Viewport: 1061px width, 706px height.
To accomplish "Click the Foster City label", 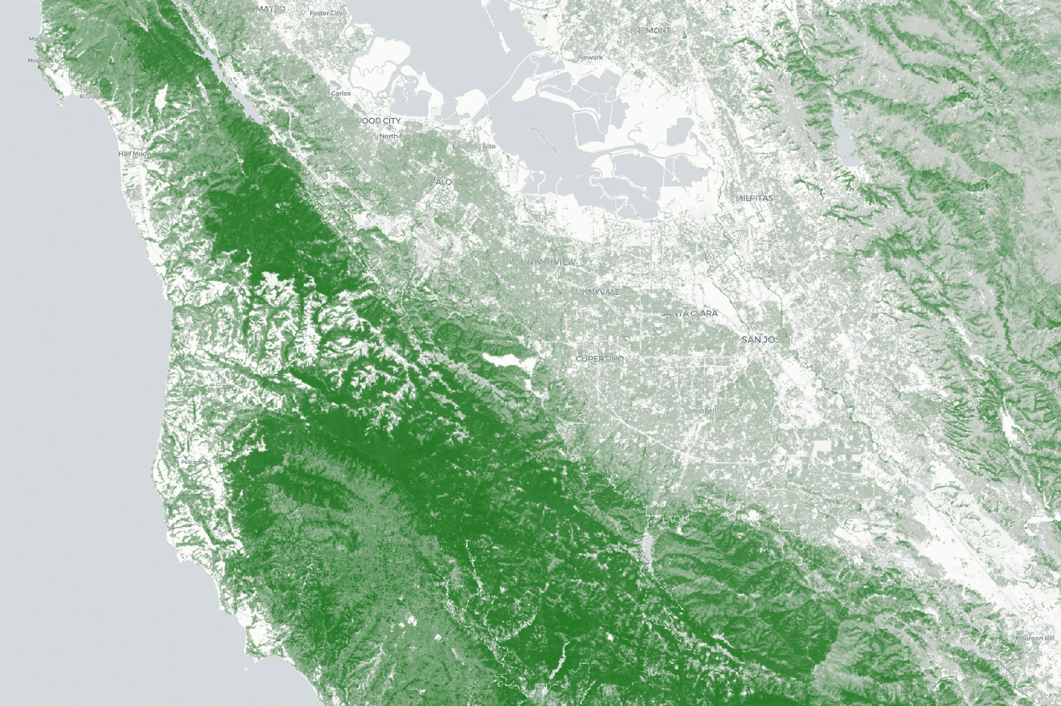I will (326, 13).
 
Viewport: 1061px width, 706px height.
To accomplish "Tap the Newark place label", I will (591, 57).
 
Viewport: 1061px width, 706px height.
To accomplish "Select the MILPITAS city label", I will (755, 198).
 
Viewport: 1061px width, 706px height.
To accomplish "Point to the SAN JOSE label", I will (761, 340).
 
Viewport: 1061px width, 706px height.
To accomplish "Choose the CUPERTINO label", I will (600, 358).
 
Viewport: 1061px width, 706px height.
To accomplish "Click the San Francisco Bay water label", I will (544, 140).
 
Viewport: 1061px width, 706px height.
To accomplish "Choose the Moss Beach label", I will (43, 60).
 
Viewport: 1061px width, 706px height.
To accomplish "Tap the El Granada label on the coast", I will (90, 96).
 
